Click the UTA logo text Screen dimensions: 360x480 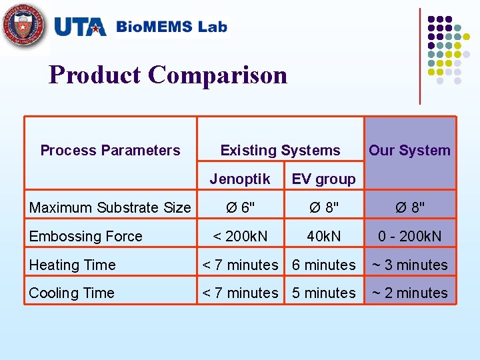tap(79, 27)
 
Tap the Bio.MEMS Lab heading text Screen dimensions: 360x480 tap(171, 27)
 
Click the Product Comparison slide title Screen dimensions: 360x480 tap(168, 75)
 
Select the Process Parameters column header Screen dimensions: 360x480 tap(110, 151)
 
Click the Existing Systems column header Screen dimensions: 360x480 tap(280, 151)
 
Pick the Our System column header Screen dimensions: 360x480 tap(409, 151)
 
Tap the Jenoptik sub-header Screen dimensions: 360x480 tap(240, 179)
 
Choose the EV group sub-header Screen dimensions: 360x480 tap(324, 179)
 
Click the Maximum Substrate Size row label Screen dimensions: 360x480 tap(110, 208)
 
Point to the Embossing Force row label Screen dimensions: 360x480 tap(86, 237)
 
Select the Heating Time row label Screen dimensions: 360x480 tap(73, 265)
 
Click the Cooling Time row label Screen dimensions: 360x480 tap(72, 293)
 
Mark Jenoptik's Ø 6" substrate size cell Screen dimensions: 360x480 tap(240, 208)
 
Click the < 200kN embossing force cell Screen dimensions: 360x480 tap(240, 237)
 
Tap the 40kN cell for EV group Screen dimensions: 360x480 tap(324, 237)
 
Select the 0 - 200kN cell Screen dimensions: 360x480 tap(409, 237)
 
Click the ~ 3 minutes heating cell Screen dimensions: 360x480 tap(409, 265)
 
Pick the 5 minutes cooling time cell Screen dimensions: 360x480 tap(324, 293)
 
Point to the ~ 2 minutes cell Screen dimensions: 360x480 tap(409, 293)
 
